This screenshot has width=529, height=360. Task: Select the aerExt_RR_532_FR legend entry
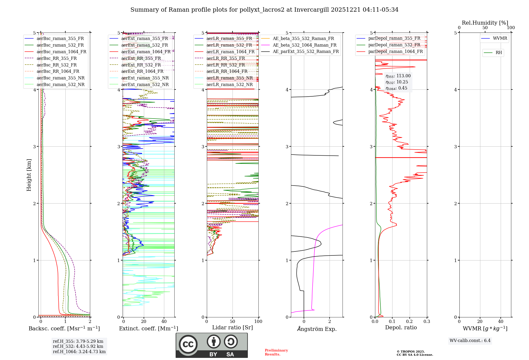[x=141, y=65]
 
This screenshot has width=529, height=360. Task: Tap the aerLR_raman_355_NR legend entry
[x=229, y=78]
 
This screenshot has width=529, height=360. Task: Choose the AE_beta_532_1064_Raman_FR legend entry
[x=304, y=45]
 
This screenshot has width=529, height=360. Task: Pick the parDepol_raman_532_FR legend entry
[x=394, y=45]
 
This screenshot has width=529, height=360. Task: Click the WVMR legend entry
[x=500, y=39]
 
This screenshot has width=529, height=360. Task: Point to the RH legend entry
[x=499, y=53]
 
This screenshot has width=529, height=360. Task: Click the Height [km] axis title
[x=29, y=175]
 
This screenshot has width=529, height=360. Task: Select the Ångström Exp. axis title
[x=317, y=329]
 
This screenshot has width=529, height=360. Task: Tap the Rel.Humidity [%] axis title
[x=485, y=23]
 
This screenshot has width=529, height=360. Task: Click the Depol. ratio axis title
[x=401, y=328]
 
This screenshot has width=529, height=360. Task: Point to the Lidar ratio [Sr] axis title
[x=232, y=328]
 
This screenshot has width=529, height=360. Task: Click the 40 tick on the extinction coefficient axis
[x=164, y=322]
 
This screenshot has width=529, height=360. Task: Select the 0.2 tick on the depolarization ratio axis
[x=409, y=322]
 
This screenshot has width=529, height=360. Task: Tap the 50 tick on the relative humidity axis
[x=485, y=28]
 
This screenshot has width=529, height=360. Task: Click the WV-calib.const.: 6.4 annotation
[x=470, y=341]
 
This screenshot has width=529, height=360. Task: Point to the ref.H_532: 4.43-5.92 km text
[x=78, y=346]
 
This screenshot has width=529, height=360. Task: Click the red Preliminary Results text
[x=276, y=352]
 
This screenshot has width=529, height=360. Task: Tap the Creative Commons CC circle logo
[x=188, y=344]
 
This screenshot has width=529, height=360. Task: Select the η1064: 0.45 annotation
[x=396, y=88]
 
